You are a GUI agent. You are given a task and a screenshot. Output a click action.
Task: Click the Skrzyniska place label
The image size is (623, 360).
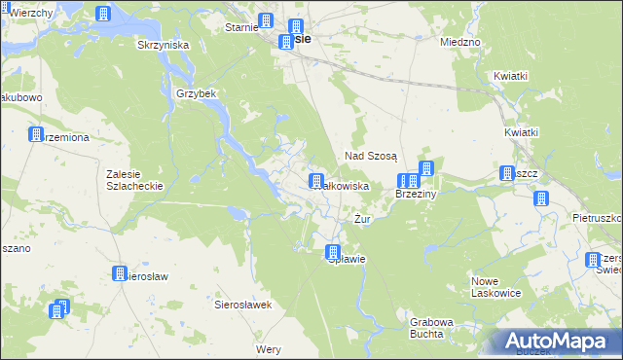point(163,45)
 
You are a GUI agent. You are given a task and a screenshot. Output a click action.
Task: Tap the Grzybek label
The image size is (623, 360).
point(195,94)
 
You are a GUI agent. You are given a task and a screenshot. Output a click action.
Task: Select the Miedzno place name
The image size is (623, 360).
point(460,43)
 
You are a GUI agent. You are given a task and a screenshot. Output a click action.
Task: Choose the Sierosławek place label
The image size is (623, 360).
point(241,305)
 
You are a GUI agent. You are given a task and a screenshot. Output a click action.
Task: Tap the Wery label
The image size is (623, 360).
point(268,348)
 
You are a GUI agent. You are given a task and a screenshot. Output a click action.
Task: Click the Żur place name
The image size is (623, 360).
point(363,220)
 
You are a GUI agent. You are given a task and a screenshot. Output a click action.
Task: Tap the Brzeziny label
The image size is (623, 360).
point(419,195)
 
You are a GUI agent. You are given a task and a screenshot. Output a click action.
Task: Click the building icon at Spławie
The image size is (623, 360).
point(332,252)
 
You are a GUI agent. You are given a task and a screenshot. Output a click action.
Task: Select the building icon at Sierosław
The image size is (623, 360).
point(120,274)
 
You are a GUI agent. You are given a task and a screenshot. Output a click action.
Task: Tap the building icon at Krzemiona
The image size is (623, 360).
point(36,134)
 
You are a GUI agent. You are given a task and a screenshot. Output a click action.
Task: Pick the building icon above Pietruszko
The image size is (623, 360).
point(541,198)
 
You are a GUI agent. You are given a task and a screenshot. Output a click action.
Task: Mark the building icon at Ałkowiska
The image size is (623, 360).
point(316,181)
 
